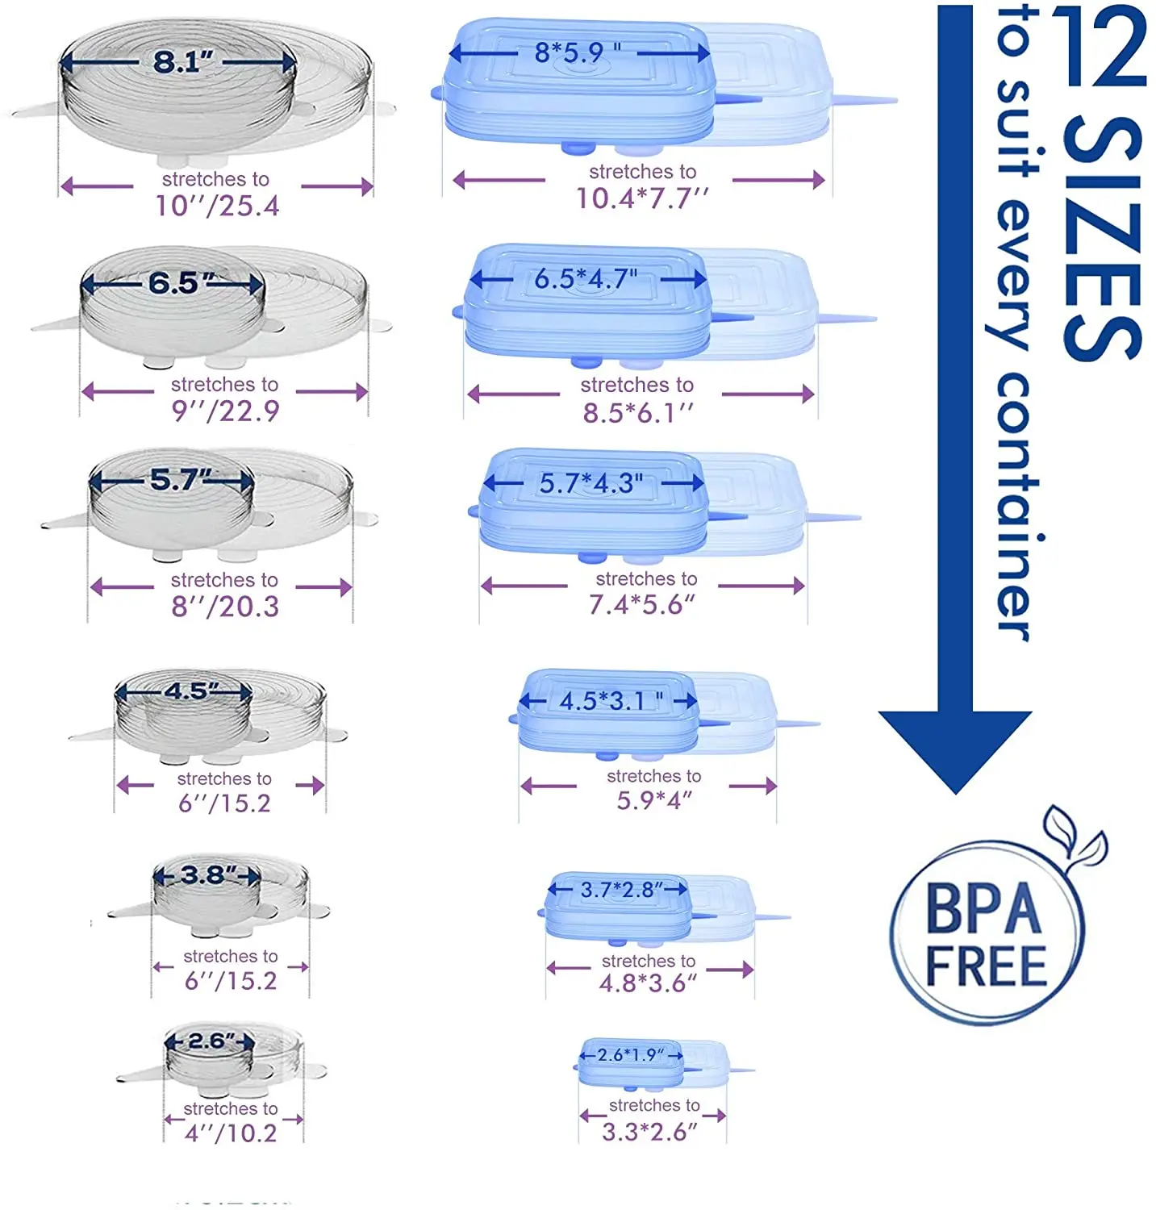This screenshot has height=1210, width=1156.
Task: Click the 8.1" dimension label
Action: pos(183,61)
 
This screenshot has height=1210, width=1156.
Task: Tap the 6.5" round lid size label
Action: pos(182,283)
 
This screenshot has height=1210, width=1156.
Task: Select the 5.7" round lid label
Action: pos(180,481)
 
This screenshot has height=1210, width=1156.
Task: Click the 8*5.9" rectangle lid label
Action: pos(578,53)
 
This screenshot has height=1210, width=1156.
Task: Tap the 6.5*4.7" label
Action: pos(586,279)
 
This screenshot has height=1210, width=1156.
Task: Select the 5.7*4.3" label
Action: pos(591,484)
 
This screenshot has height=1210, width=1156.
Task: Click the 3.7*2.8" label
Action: pos(621,890)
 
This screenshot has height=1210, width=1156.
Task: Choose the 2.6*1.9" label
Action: pos(631,1055)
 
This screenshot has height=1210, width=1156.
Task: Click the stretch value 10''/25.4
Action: pos(217,207)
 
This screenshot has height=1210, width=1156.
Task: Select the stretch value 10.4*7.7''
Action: pos(642,198)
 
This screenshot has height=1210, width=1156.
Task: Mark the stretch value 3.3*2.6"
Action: pos(649,1132)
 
